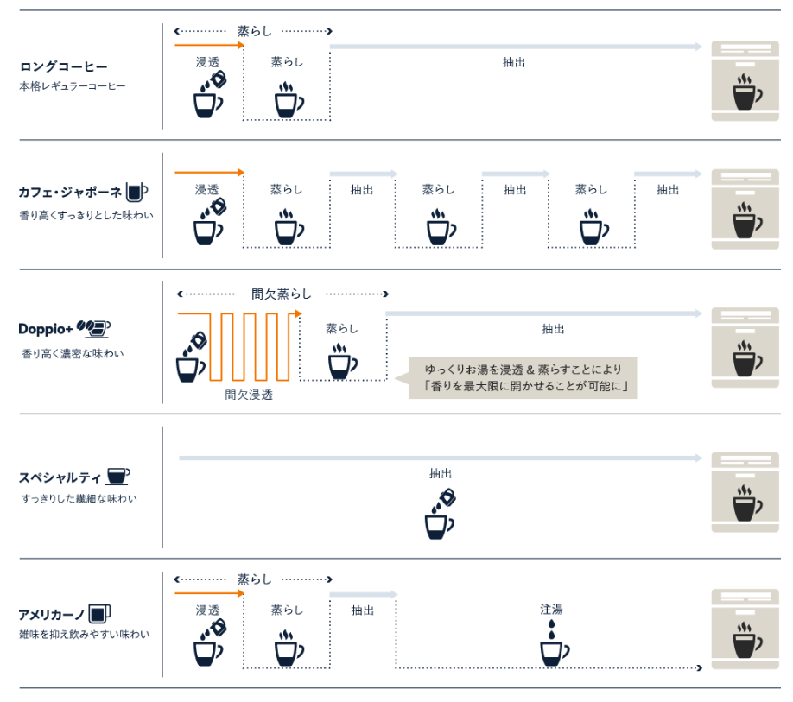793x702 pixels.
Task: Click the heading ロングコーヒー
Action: [63, 66]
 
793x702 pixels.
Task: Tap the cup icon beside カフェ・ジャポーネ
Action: [136, 192]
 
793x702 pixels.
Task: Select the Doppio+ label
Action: [46, 329]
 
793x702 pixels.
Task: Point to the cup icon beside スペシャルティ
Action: [118, 476]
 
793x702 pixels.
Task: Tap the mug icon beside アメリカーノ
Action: [99, 614]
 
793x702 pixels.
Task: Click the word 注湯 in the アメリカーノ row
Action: [551, 610]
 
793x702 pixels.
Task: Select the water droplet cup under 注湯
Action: [555, 643]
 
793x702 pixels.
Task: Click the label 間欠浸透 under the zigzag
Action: [249, 395]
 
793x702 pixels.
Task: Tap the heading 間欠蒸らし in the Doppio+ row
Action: [282, 294]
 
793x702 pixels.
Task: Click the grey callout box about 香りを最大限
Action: [523, 378]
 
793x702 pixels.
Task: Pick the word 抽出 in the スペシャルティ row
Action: [440, 473]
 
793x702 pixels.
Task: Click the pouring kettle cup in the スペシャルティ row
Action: [440, 514]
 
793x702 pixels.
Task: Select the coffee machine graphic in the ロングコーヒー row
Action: [745, 81]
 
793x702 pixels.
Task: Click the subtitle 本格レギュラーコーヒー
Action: [73, 86]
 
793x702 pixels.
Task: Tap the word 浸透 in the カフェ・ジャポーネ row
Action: [207, 189]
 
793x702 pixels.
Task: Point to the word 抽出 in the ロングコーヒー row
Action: [514, 62]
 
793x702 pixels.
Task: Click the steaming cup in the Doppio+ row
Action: [343, 361]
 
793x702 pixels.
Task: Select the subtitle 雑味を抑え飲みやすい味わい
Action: [85, 635]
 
